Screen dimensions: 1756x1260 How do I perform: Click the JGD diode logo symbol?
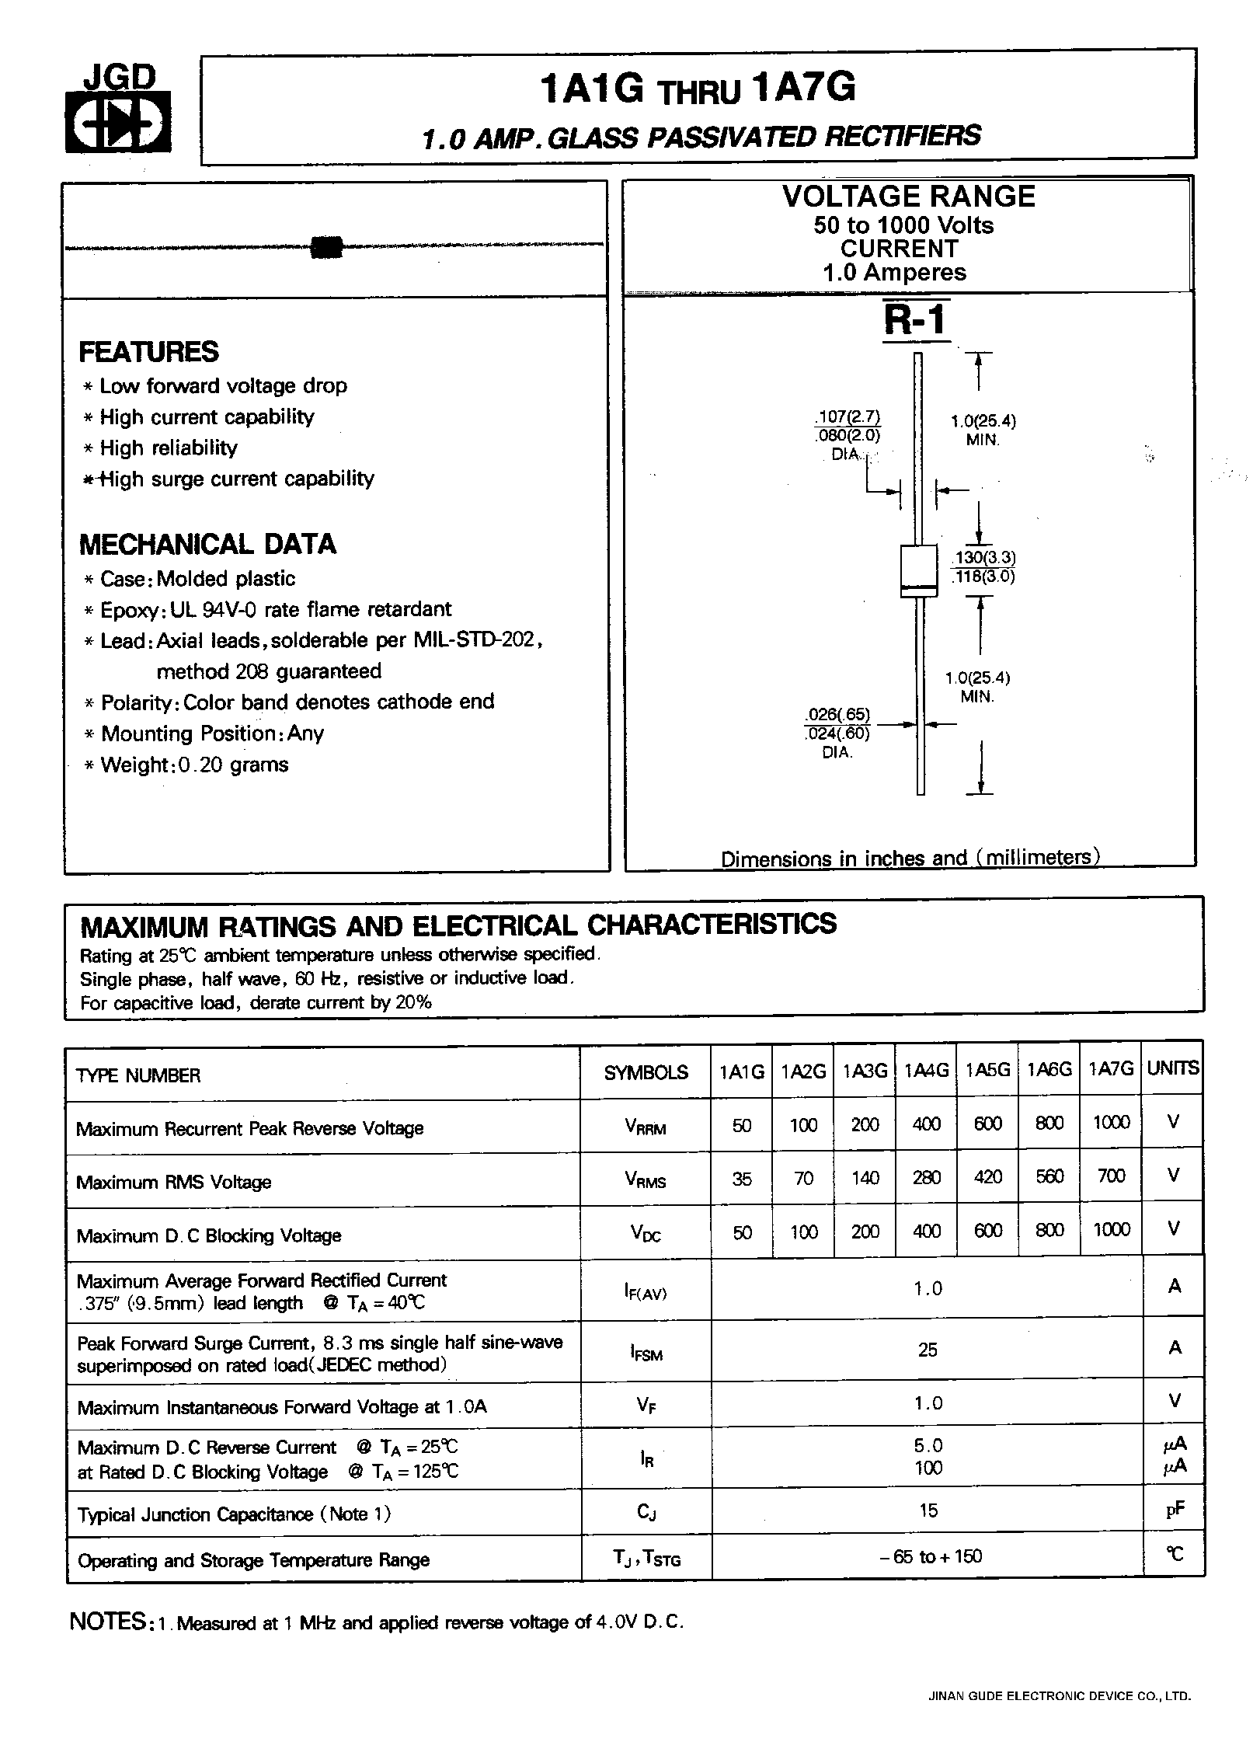click(x=117, y=124)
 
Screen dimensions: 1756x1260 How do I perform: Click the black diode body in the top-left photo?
click(x=326, y=247)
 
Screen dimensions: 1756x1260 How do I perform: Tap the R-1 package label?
click(x=917, y=319)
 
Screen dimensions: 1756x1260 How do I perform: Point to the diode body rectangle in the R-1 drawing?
click(x=918, y=571)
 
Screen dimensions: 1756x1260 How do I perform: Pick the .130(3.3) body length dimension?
click(x=983, y=558)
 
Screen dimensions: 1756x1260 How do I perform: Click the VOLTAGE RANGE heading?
click(x=908, y=197)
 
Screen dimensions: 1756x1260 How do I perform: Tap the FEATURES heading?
click(x=148, y=352)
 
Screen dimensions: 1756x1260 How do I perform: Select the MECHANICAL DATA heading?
click(x=207, y=544)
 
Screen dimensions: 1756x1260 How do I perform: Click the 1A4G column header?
click(x=926, y=1071)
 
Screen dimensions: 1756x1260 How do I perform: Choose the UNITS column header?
click(x=1173, y=1069)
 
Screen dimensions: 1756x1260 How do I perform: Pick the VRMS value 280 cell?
click(x=926, y=1178)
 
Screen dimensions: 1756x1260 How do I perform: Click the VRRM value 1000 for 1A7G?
click(x=1111, y=1123)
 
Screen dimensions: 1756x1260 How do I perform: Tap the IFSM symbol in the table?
click(x=646, y=1354)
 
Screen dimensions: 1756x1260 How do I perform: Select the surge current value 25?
click(x=928, y=1350)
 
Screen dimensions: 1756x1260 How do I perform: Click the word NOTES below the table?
click(x=107, y=1622)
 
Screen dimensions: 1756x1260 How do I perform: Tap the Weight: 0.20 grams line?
click(x=193, y=765)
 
